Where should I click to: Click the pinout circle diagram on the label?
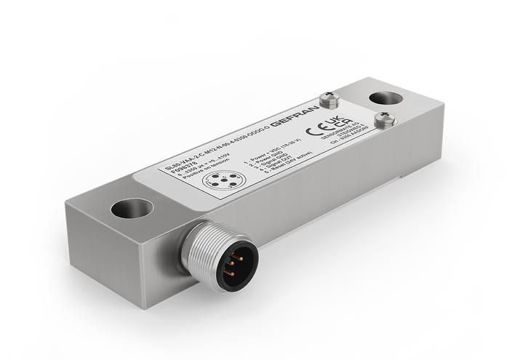(218, 182)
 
